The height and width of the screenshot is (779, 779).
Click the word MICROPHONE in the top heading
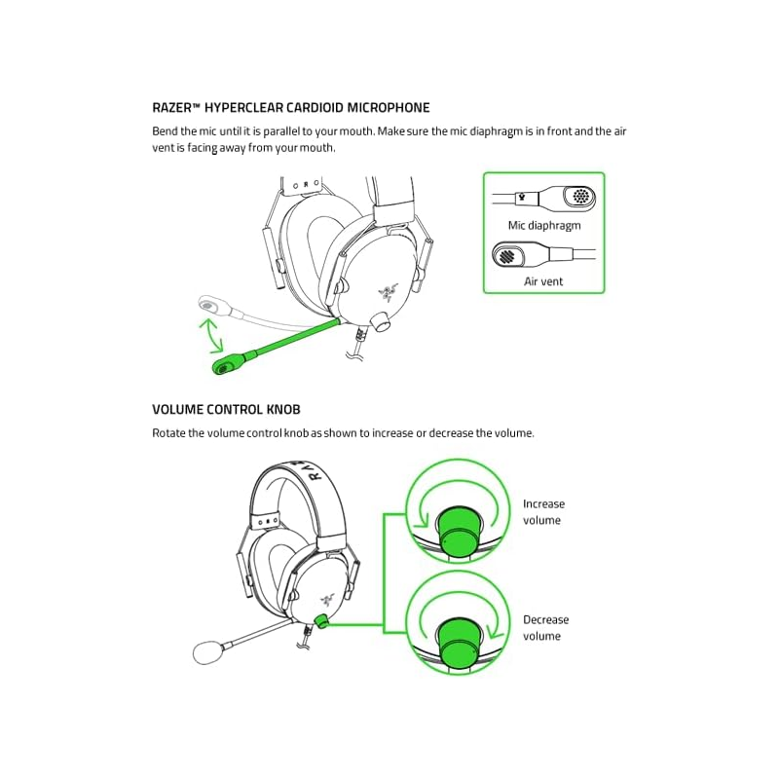pyautogui.click(x=388, y=108)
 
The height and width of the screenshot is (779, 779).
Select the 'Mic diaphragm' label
pyautogui.click(x=544, y=226)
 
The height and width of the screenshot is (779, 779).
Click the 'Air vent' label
pyautogui.click(x=543, y=281)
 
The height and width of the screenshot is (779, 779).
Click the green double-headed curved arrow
pyautogui.click(x=211, y=336)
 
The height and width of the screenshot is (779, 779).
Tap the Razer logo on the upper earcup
pyautogui.click(x=387, y=291)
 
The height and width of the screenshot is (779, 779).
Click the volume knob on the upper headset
pyautogui.click(x=382, y=321)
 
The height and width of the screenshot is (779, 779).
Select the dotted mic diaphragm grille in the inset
pyautogui.click(x=579, y=196)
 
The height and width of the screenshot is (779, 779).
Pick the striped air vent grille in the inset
pyautogui.click(x=506, y=256)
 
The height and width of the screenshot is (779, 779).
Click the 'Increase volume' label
pyautogui.click(x=543, y=512)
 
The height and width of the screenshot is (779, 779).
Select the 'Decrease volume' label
pyautogui.click(x=545, y=628)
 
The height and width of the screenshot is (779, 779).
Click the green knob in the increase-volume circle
pyautogui.click(x=459, y=531)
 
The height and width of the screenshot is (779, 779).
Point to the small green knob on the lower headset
pyautogui.click(x=321, y=620)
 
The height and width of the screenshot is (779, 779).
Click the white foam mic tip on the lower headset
pyautogui.click(x=208, y=652)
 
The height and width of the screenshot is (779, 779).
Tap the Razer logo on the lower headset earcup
pyautogui.click(x=327, y=600)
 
